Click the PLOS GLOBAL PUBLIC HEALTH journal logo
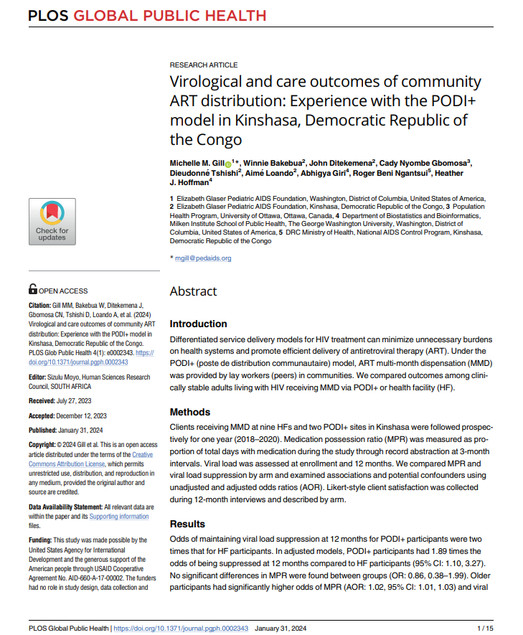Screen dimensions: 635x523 point(147,15)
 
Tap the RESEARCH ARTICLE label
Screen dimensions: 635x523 point(204,65)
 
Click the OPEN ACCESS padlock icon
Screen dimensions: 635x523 point(33,290)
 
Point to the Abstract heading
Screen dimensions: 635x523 point(193,291)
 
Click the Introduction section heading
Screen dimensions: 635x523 point(198,324)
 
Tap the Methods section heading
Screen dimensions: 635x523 point(189,412)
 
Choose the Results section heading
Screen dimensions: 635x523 point(187,524)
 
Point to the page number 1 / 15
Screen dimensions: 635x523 point(486,629)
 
